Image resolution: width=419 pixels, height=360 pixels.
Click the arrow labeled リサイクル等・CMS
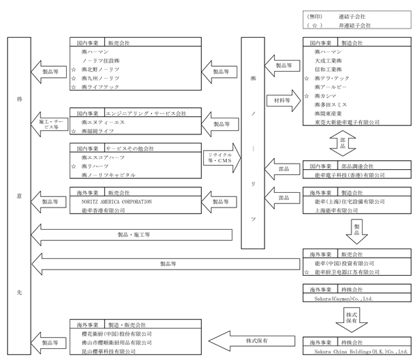[219, 157]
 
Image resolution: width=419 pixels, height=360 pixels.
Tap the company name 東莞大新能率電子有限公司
[347, 122]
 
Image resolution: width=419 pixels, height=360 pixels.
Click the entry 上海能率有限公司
[337, 210]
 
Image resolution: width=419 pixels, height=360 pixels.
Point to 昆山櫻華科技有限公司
[116, 352]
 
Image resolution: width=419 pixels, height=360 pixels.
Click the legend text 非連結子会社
[354, 25]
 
